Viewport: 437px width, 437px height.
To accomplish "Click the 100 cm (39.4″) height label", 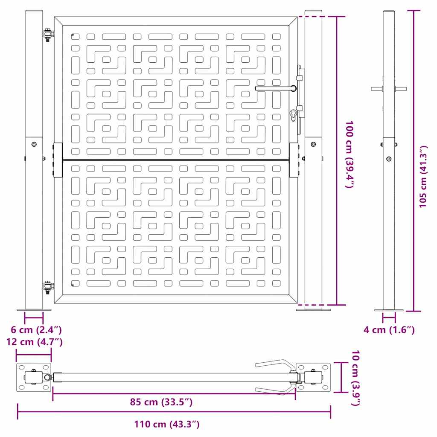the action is point(350,154).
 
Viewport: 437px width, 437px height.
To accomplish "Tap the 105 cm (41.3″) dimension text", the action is point(423,176).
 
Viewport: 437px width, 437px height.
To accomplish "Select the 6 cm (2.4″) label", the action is point(36,330).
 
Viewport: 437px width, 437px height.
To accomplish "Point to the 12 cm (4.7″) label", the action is point(34,342).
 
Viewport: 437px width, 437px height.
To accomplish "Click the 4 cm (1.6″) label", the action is point(389,330).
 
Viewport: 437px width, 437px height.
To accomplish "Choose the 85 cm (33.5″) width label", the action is point(161,402).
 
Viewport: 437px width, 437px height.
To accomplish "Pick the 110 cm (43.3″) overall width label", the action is point(167,424).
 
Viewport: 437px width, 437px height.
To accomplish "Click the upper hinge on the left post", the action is point(48,35).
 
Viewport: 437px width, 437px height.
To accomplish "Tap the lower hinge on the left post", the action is point(48,287).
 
